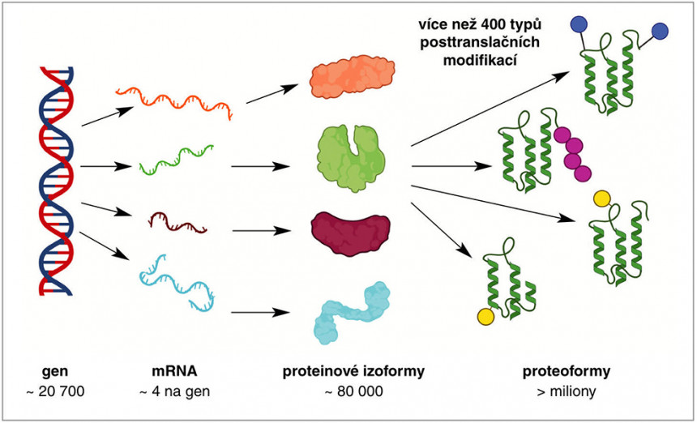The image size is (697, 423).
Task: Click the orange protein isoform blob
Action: [351, 79]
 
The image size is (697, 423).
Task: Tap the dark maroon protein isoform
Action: [351, 229]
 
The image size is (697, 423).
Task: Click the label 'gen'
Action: [54, 373]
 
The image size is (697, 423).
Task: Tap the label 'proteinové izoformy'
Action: [353, 373]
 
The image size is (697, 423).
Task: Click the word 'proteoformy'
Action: [567, 373]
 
